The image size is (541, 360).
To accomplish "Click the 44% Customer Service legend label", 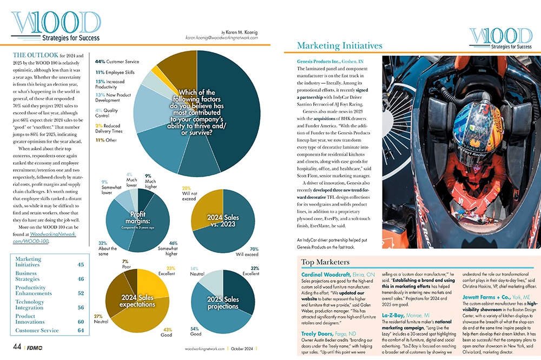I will (x=117, y=62).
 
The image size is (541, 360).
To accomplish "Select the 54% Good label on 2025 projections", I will (x=196, y=331).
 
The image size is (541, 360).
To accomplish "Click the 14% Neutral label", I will (x=197, y=271).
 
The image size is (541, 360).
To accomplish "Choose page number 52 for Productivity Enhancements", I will (x=81, y=294).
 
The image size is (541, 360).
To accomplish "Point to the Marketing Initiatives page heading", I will (x=340, y=46).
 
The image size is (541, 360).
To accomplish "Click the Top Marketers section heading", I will (x=325, y=262).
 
